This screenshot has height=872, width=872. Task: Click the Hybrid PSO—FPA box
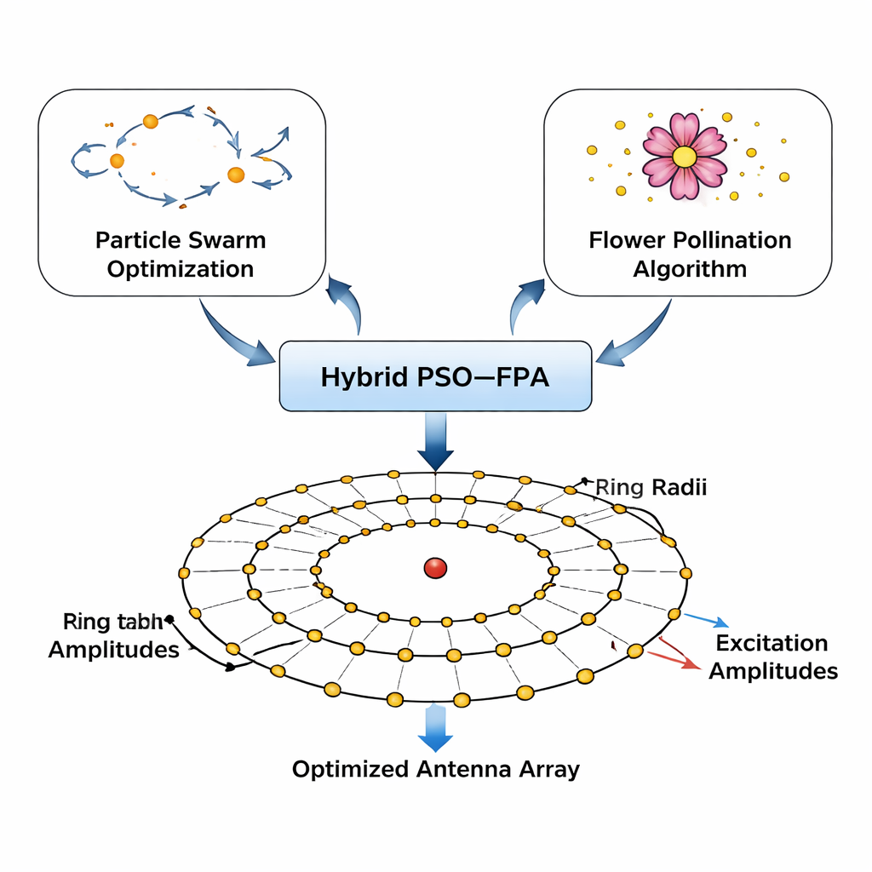[435, 376]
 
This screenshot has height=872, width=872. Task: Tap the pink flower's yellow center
[684, 157]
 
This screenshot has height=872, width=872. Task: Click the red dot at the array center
[435, 568]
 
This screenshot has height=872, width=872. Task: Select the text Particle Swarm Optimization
[181, 255]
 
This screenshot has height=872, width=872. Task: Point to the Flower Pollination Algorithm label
[690, 255]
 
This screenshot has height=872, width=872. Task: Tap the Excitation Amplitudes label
[772, 657]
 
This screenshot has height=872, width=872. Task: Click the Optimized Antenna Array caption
[435, 769]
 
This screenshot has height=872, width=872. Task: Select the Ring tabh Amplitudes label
[113, 635]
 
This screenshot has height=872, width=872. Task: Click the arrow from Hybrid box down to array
[435, 441]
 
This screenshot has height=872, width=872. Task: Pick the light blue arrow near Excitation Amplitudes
[703, 619]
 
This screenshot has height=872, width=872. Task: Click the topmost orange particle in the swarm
[151, 122]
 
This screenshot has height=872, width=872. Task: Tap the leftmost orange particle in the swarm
[118, 160]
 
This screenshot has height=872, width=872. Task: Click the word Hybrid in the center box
[359, 376]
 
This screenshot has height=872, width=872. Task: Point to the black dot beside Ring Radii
[584, 480]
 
